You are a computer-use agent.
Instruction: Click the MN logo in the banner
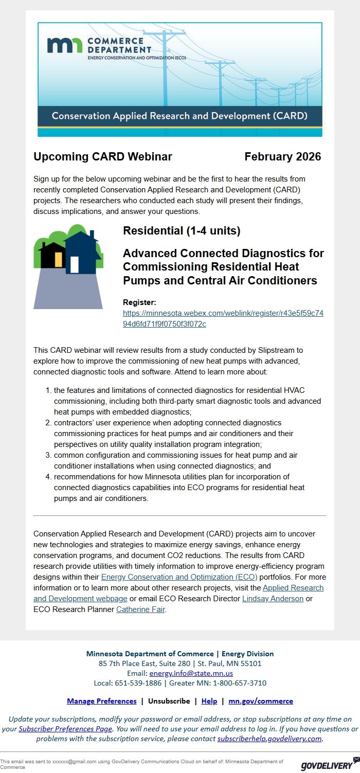64,45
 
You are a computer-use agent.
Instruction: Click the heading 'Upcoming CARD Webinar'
103,157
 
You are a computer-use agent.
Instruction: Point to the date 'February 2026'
282,157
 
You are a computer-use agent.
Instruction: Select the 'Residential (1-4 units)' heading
182,230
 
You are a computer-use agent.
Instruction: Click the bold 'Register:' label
139,302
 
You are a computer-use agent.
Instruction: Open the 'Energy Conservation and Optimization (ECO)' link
179,577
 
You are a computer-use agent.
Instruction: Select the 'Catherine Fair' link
140,609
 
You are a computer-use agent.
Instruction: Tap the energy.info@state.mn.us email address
191,673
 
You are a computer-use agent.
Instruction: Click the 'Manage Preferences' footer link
101,701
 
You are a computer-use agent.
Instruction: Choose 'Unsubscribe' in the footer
169,701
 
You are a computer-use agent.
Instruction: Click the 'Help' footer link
209,701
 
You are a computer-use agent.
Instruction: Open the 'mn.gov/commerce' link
261,701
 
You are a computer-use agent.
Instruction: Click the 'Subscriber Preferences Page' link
65,729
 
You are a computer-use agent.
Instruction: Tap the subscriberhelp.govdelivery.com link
269,739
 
